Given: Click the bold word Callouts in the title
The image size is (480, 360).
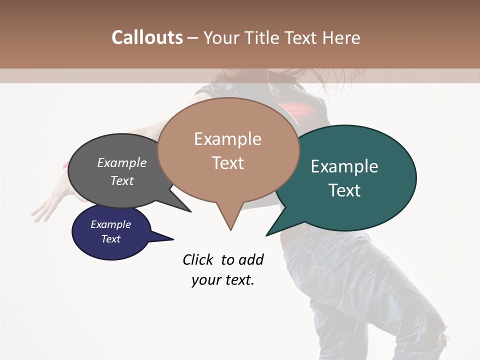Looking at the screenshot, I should [147, 37].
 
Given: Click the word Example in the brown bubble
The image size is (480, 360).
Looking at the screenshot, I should [227, 138].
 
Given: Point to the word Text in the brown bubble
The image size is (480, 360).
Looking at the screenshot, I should [227, 162].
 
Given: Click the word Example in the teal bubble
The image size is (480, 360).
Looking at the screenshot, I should [344, 166].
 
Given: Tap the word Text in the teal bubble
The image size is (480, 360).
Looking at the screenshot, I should [344, 190].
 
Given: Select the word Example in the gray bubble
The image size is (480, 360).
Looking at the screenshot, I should [122, 162].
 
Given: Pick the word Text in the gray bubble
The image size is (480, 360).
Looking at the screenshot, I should [122, 180].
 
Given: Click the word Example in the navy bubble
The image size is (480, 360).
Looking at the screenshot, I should [111, 224].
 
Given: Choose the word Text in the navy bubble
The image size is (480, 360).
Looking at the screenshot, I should [111, 239].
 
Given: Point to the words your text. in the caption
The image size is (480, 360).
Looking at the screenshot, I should [222, 280].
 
